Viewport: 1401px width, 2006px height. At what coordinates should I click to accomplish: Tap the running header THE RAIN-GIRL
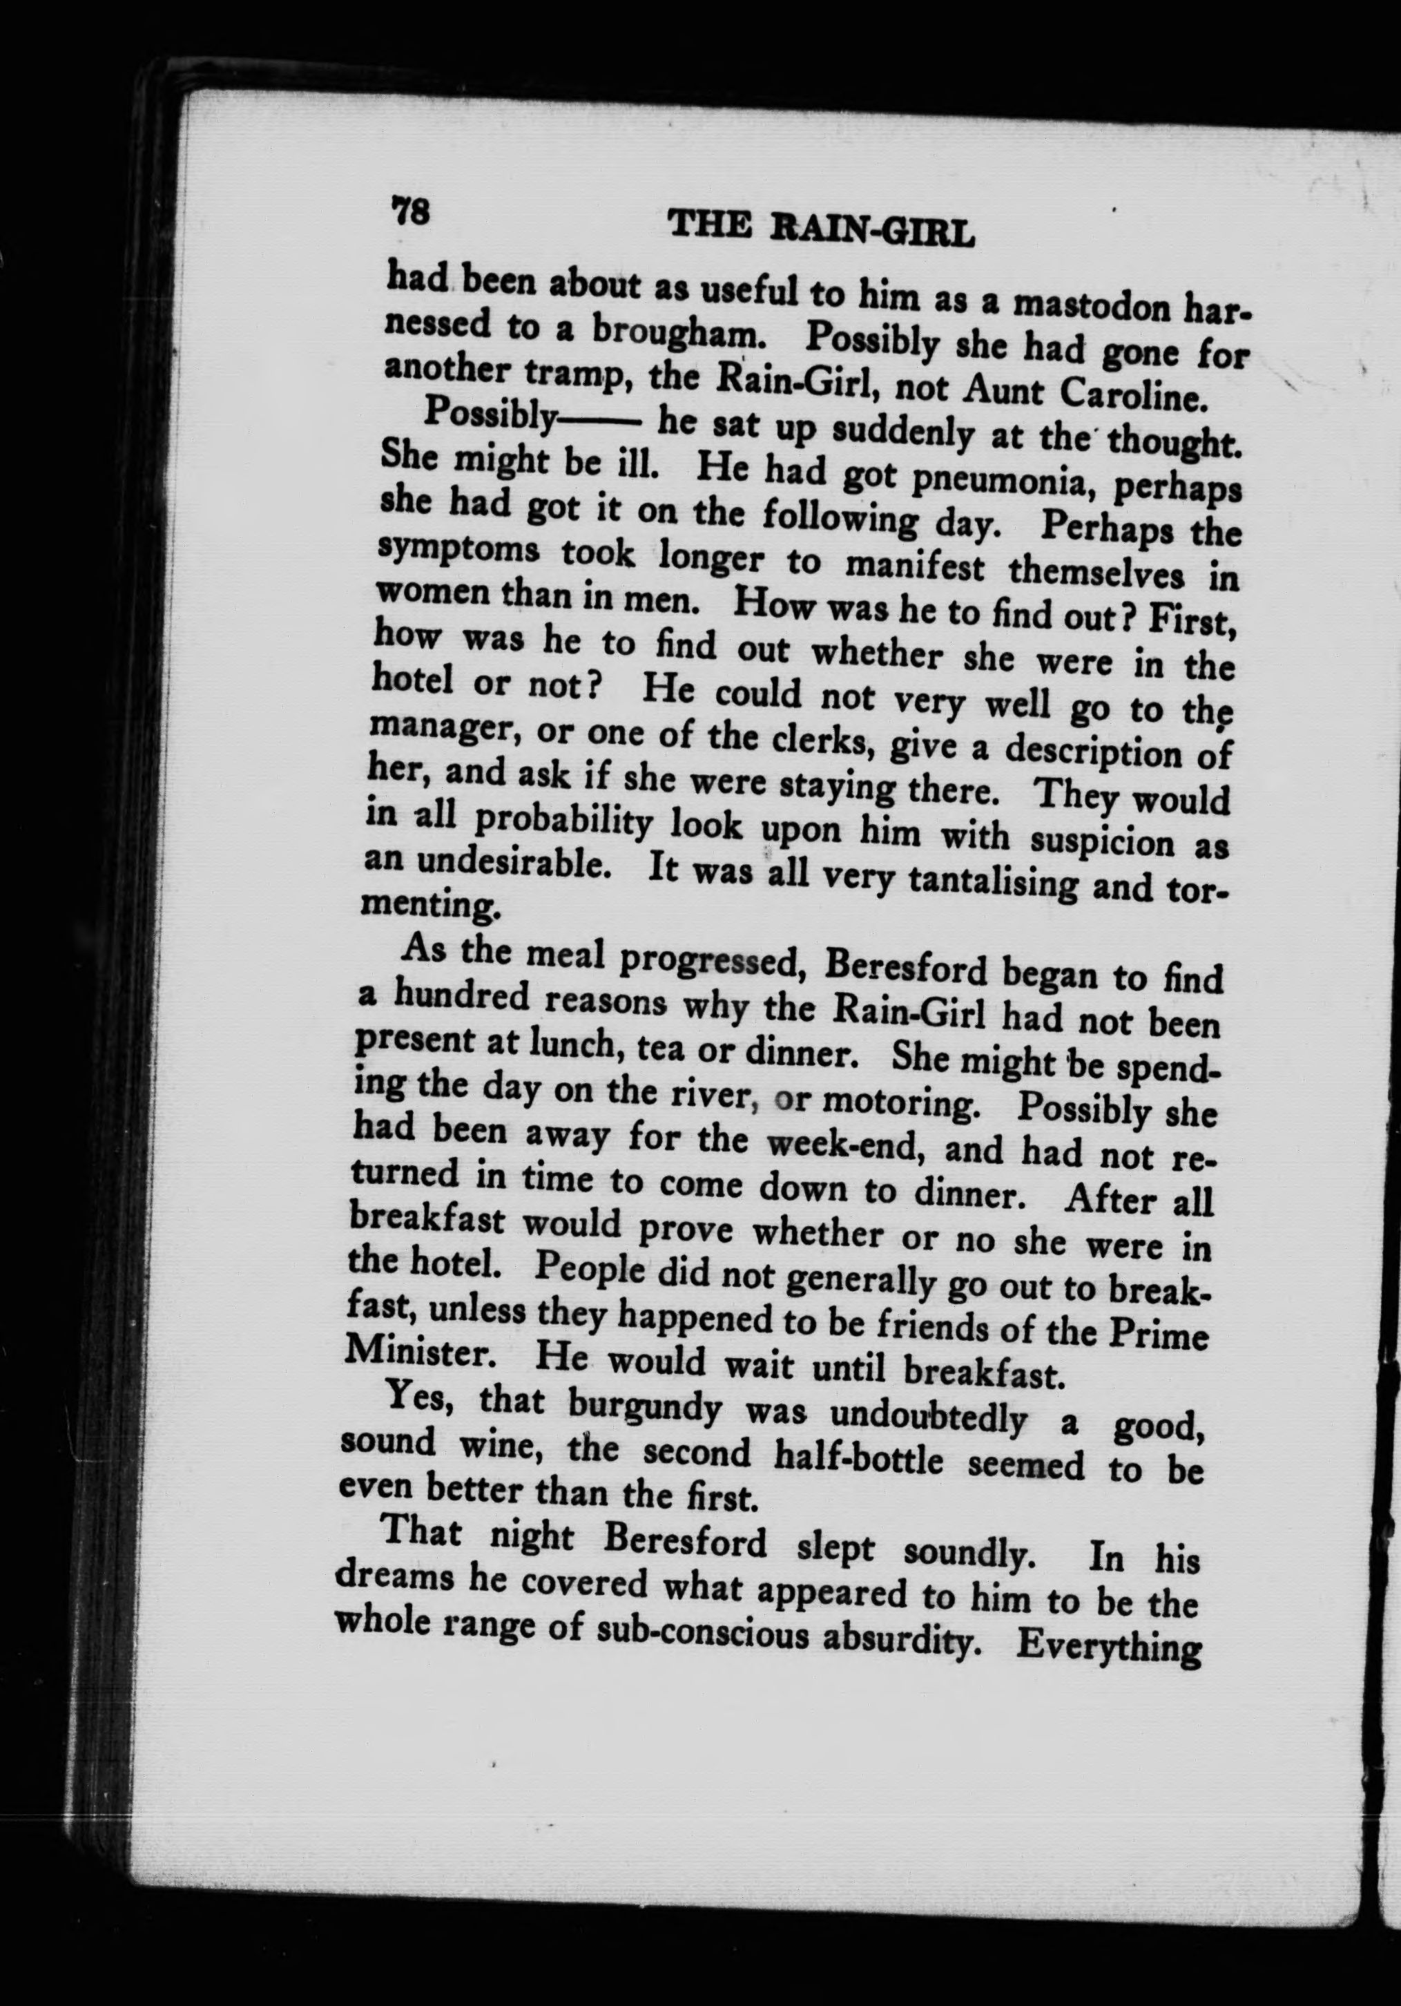click(820, 228)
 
